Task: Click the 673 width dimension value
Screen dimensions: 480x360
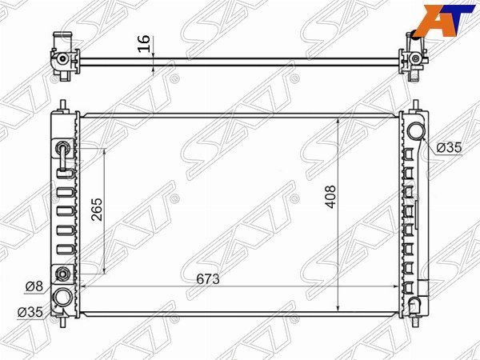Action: [x=208, y=279]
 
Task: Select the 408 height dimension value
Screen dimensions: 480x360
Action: [x=331, y=197]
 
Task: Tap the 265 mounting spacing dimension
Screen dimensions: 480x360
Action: [x=97, y=210]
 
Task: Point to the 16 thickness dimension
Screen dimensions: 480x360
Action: [x=144, y=43]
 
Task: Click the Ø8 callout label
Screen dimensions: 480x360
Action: [x=34, y=286]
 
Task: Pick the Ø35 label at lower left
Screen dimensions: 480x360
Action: [x=30, y=312]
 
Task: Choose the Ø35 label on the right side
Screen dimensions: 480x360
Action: [x=449, y=148]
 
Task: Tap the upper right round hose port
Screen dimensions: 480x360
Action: [x=416, y=130]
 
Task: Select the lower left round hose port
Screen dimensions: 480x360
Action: [x=62, y=298]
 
